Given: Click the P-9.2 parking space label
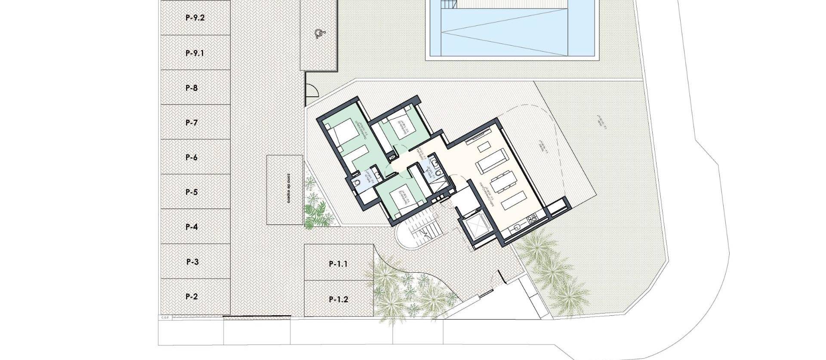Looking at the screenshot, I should click(x=195, y=18).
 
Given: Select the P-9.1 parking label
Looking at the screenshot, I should click(x=195, y=53).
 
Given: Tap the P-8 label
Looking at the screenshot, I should click(x=192, y=88).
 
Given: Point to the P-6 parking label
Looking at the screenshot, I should click(x=192, y=157).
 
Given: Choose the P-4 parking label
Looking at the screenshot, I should click(x=192, y=227).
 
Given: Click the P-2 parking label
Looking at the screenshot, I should click(x=192, y=296).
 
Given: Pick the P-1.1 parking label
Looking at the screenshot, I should click(x=338, y=264).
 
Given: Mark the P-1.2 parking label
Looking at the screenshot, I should click(x=338, y=299).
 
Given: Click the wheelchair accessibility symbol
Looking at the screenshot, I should click(x=318, y=34).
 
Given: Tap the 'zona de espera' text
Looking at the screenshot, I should click(x=284, y=190).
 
